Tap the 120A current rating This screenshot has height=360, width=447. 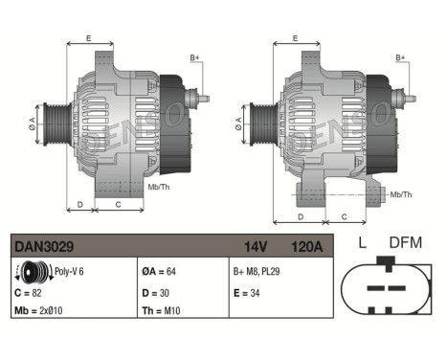[x=306, y=248]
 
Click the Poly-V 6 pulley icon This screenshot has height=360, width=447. [x=32, y=271]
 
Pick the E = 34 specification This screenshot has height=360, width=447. [x=248, y=290]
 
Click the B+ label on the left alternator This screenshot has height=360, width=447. [x=195, y=58]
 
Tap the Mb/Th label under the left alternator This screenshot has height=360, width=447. [x=158, y=187]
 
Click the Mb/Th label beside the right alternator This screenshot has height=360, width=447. [x=401, y=194]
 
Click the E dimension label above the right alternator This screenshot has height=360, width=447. [x=295, y=39]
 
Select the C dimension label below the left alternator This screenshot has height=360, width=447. [x=117, y=205]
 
